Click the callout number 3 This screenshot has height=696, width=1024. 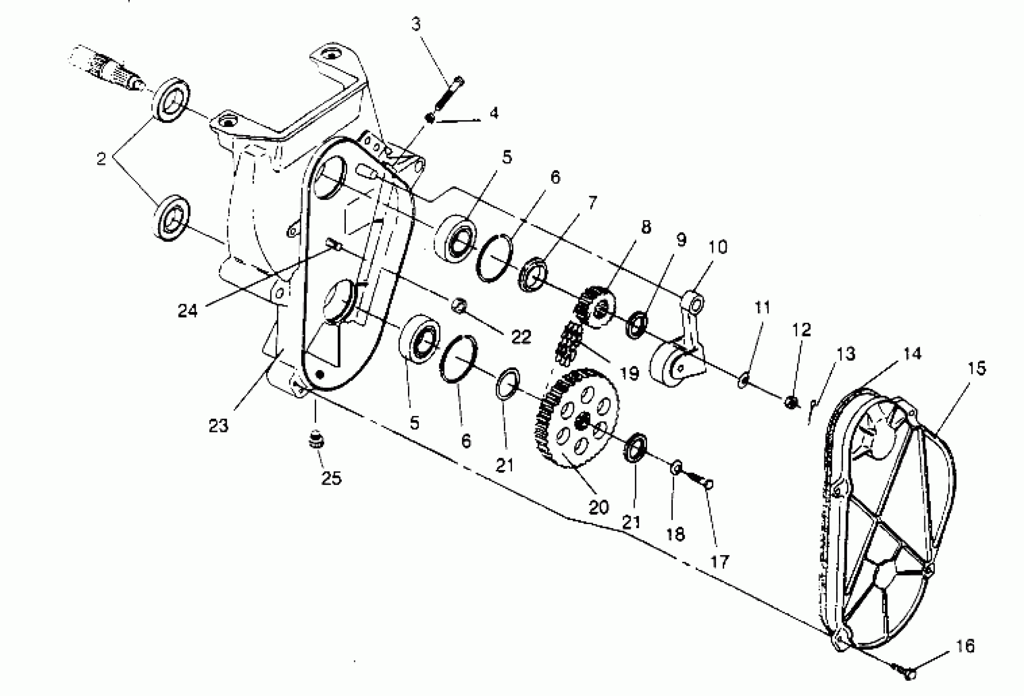coord(416,25)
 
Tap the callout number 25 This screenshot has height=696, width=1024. coord(332,478)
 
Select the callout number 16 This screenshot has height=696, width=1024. coord(965,646)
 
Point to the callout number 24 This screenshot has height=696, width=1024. coord(188,311)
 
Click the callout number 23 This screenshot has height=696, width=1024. coord(219,425)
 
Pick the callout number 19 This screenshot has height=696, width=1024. coord(629,373)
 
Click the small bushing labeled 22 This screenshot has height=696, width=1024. coord(459,305)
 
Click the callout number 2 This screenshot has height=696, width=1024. coord(101,159)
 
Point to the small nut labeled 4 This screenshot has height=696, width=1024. coord(430,118)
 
